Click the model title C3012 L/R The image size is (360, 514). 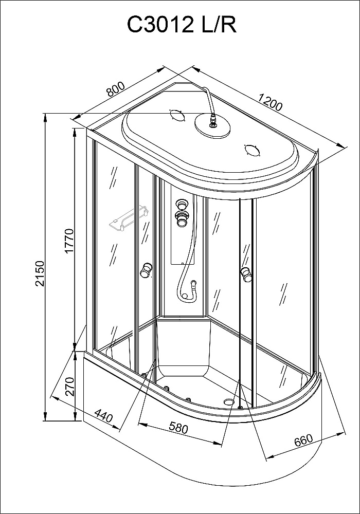(182, 25)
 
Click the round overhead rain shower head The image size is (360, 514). (212, 126)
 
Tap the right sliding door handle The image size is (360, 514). (246, 274)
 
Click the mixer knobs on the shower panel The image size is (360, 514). (182, 212)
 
